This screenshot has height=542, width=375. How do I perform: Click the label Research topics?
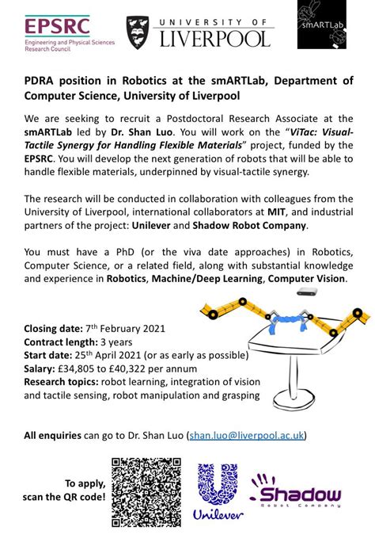click(63, 383)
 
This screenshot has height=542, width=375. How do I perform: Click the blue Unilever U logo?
click(217, 486)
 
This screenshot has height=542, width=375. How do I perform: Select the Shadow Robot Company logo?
click(296, 492)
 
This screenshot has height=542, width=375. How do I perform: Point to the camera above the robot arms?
click(305, 294)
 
